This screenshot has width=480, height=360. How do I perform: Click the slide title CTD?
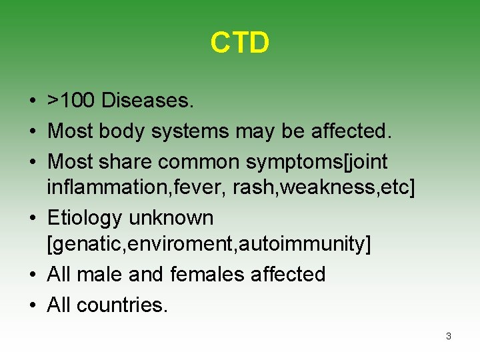(x=239, y=43)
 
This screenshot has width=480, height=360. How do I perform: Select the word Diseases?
(x=147, y=101)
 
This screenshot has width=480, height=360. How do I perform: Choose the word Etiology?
(x=85, y=218)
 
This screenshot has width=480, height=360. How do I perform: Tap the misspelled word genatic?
(x=86, y=244)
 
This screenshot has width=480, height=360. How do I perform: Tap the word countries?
(x=123, y=305)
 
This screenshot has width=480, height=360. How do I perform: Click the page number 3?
(x=448, y=336)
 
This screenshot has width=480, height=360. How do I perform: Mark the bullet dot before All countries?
(x=33, y=305)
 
